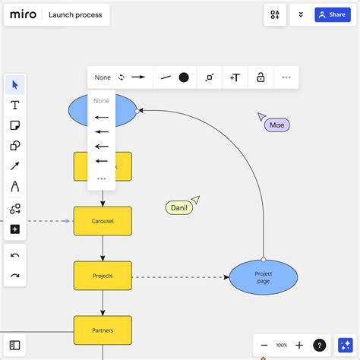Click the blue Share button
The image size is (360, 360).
333,14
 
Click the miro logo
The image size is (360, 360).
23,14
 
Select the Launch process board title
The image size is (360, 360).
75,15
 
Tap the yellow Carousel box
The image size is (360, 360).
103,221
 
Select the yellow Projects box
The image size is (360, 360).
103,276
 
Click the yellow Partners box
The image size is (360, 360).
103,330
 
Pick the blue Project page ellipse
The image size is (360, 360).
264,277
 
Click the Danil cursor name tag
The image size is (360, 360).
179,207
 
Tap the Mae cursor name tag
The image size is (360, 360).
277,125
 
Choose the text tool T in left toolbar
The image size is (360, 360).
15,105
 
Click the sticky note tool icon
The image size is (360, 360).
15,125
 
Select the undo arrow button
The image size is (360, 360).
15,255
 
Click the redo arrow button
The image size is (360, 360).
15,276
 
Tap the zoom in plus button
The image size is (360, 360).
299,345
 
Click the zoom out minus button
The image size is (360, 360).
264,345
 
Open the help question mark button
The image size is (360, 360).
320,345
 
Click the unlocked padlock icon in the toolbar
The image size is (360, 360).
261,77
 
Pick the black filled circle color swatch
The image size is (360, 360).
184,77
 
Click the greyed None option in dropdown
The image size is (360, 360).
101,101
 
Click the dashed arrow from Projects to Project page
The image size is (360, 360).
181,277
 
